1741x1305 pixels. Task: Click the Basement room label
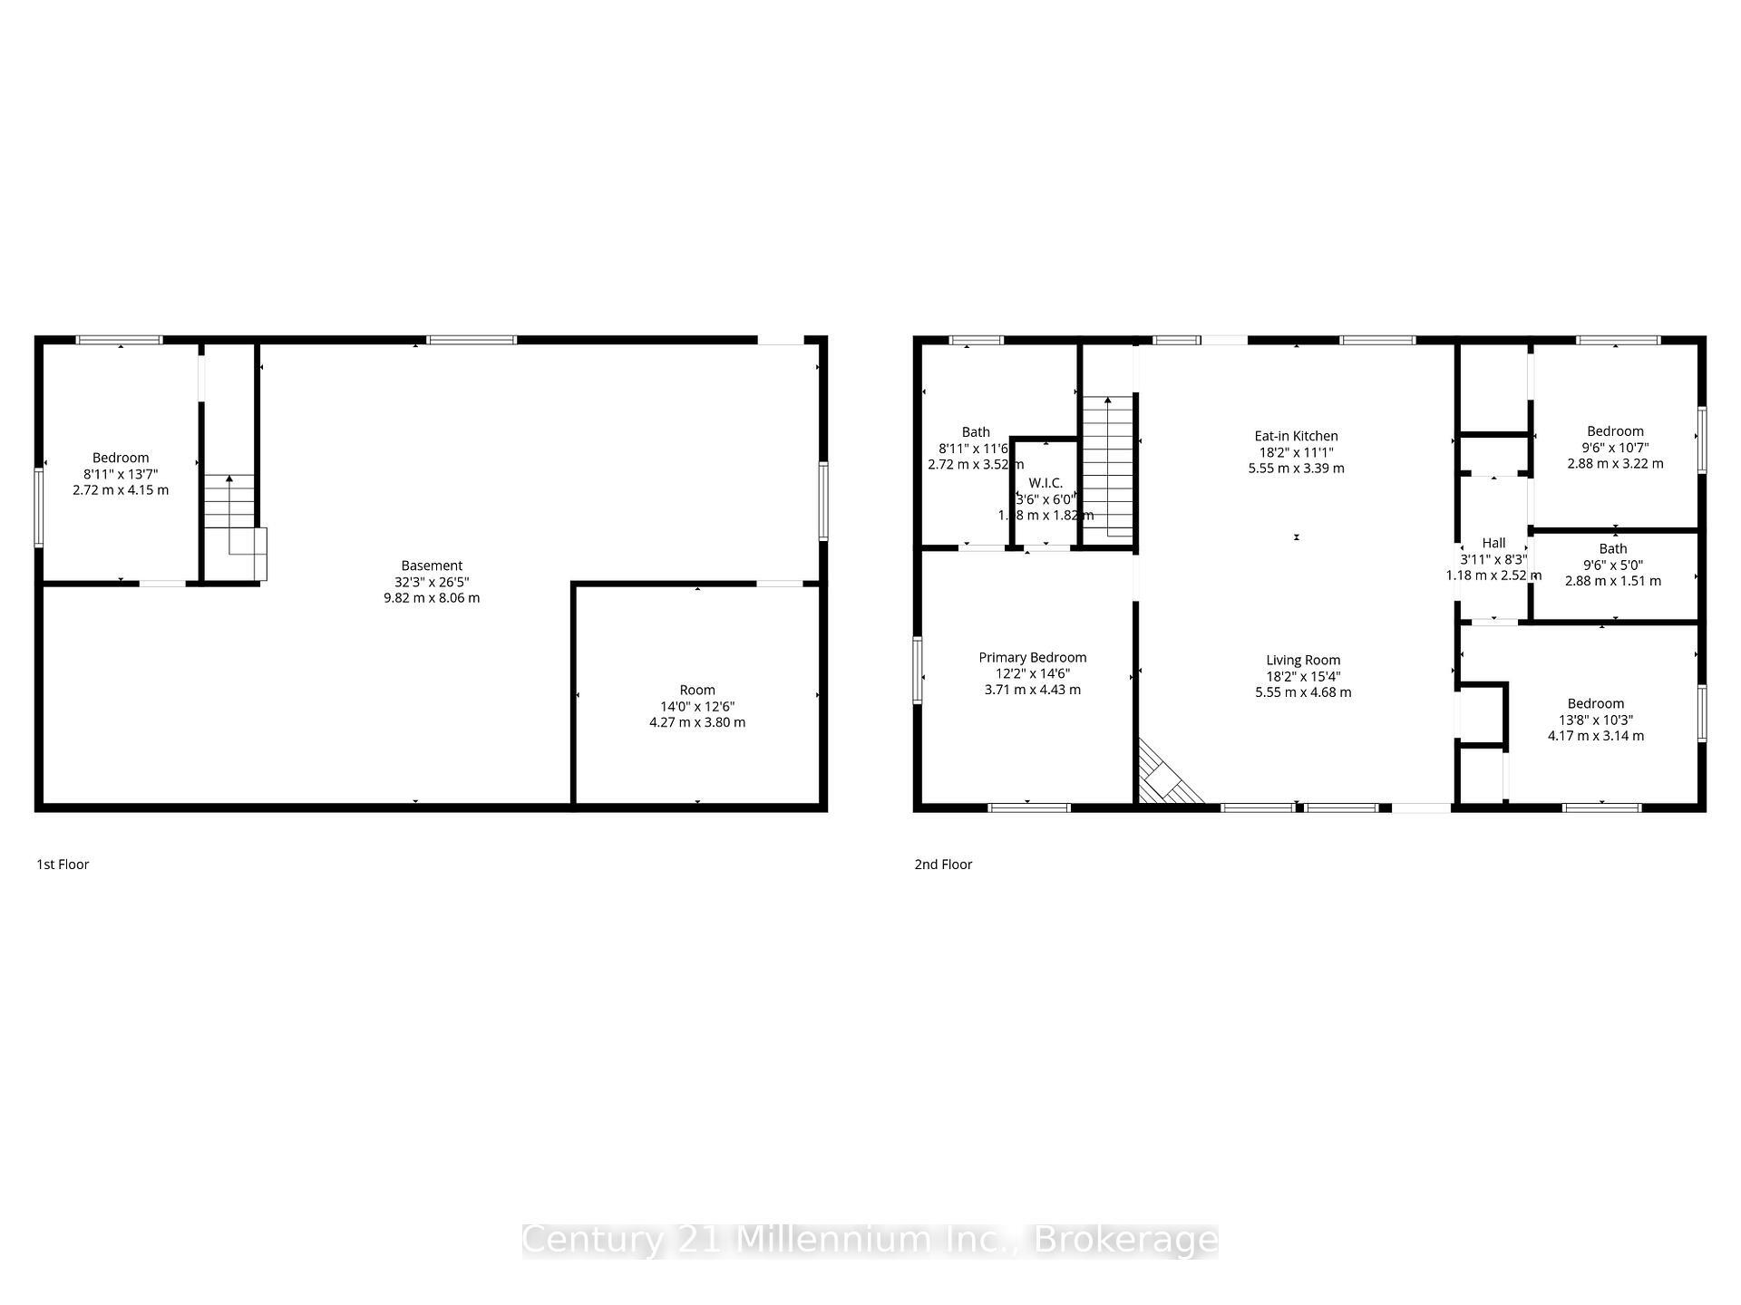432,565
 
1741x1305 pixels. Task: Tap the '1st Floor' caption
63,865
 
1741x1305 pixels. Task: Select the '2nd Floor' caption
943,865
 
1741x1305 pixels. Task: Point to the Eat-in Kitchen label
1296,436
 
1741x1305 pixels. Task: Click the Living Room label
1303,661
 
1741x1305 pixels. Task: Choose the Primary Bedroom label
1032,658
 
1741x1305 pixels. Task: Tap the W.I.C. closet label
1046,483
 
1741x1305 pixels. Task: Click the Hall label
1493,544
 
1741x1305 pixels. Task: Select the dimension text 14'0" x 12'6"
697,707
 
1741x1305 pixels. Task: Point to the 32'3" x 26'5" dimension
432,582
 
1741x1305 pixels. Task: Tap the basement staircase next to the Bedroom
232,526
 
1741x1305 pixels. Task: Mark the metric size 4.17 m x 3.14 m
1595,736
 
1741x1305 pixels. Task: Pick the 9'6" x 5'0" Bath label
1612,548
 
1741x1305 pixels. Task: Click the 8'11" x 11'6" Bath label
976,432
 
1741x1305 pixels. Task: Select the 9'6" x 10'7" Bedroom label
1615,431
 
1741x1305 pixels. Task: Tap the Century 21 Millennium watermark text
870,1240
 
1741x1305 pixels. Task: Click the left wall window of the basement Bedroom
39,507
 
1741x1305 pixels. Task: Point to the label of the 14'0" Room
697,691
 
